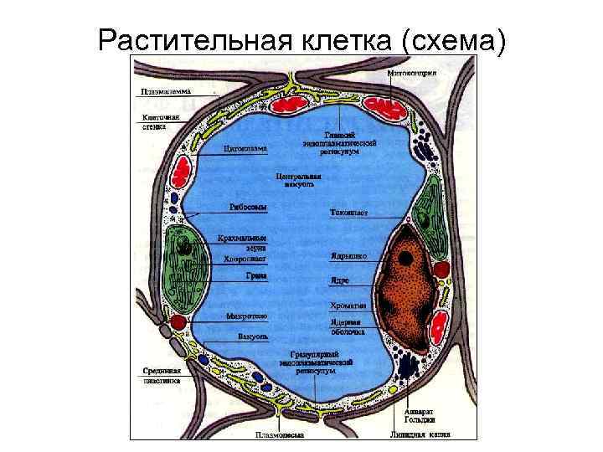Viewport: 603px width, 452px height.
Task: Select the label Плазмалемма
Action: [x=165, y=91]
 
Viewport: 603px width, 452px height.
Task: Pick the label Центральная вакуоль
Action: [x=298, y=181]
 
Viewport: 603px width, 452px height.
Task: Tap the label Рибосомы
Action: [x=248, y=207]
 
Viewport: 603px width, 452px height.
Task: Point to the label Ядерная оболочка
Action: [x=346, y=326]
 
